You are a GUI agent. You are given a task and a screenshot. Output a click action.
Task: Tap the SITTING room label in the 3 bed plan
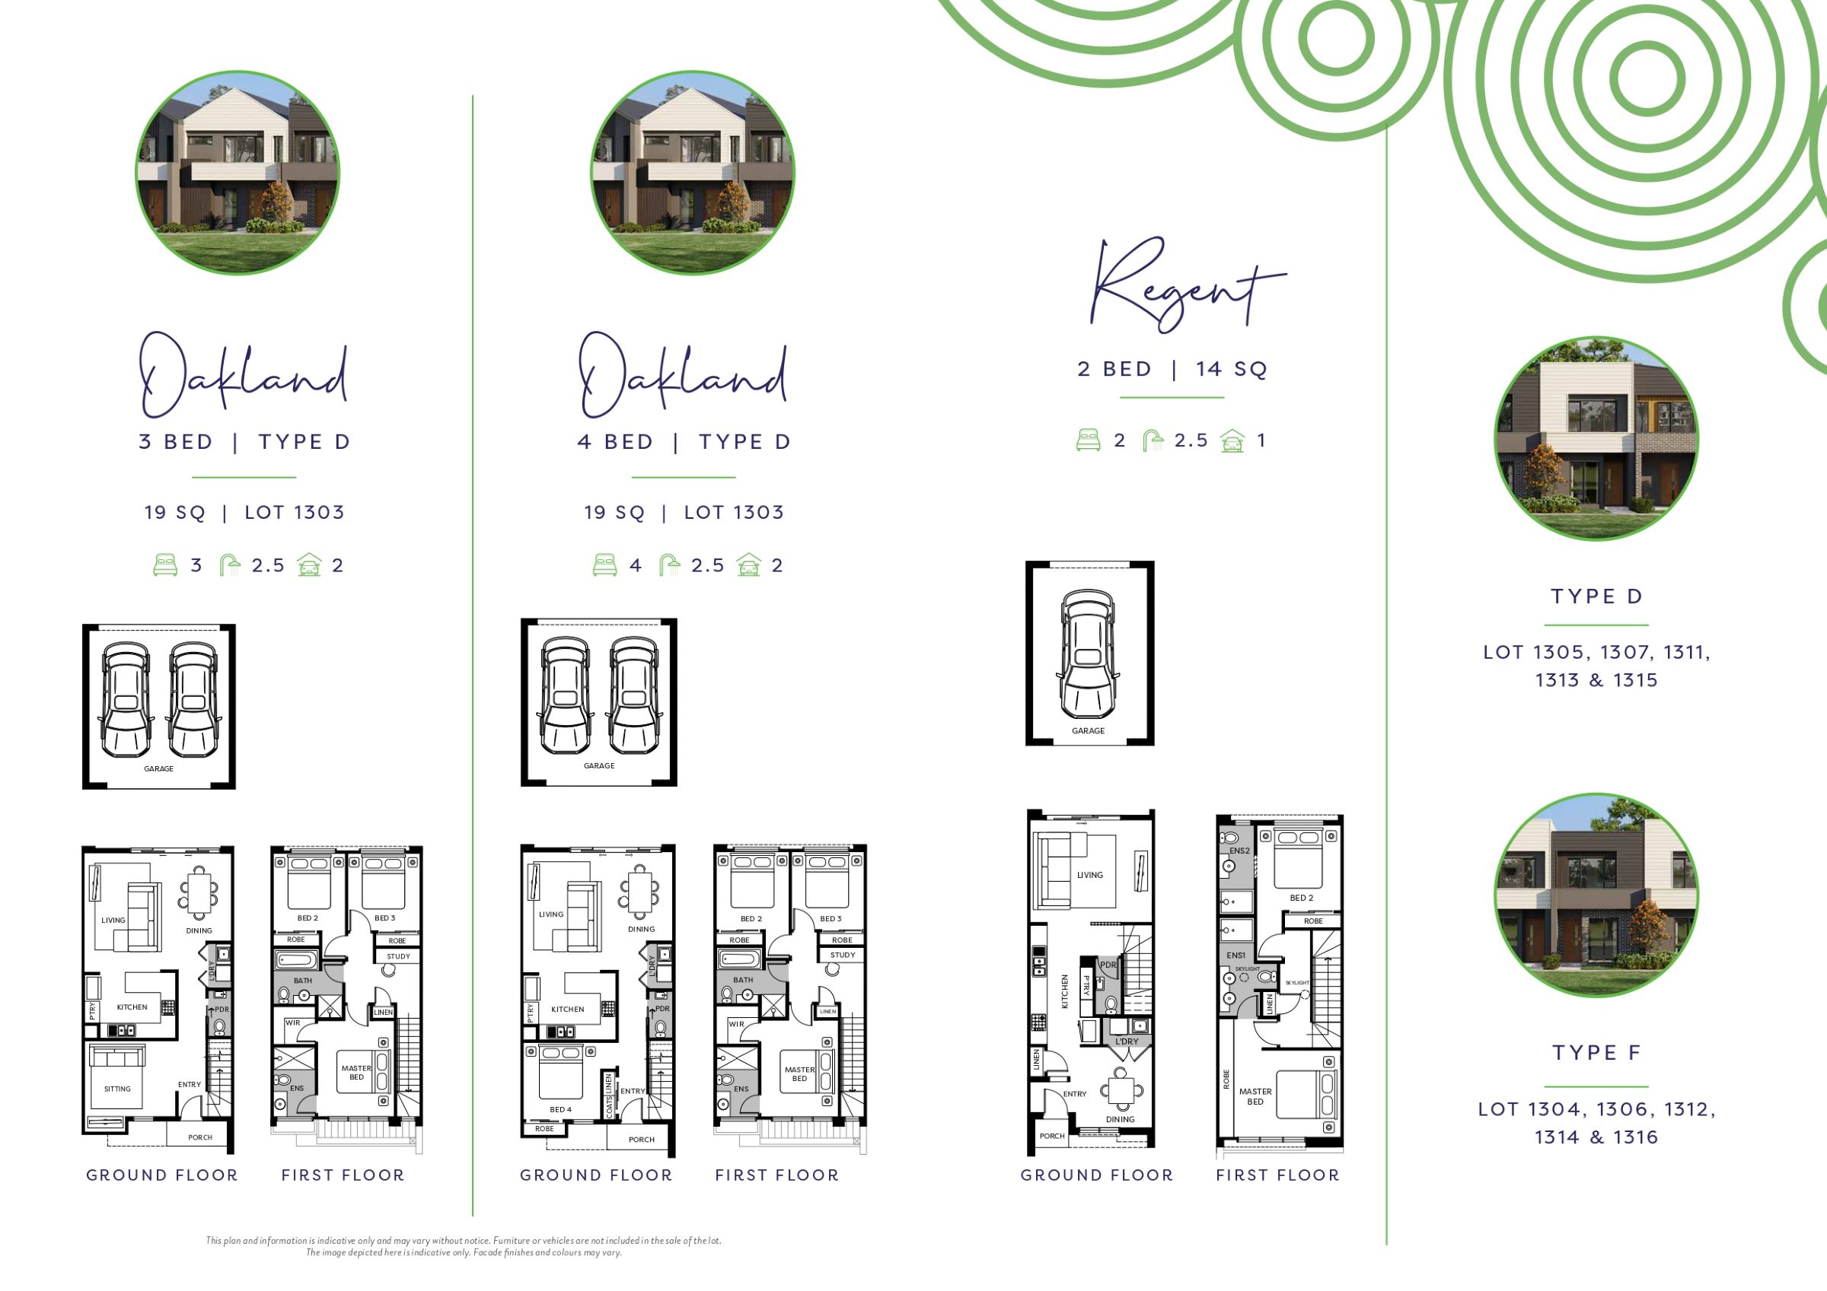(117, 1089)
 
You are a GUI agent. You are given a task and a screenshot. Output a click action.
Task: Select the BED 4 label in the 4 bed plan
(560, 1110)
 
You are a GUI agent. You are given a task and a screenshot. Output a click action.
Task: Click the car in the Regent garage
(1089, 653)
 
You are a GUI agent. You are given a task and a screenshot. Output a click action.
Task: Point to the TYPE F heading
(1596, 1052)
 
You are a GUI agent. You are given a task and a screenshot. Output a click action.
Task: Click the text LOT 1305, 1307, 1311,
(1596, 652)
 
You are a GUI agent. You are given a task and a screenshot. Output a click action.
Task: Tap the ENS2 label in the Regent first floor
(1239, 851)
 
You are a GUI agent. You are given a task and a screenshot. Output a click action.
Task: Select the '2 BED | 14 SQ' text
(1172, 369)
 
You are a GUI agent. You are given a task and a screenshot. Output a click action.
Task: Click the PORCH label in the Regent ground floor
(1052, 1136)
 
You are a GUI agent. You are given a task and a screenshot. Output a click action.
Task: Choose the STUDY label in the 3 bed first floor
(399, 957)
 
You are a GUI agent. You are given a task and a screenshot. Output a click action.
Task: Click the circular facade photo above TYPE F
(1596, 895)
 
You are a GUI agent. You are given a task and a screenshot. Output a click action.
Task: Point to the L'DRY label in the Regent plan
(1127, 1041)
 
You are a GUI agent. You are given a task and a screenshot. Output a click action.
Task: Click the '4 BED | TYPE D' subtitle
(684, 442)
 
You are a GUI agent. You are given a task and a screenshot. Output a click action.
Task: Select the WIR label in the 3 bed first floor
(293, 1023)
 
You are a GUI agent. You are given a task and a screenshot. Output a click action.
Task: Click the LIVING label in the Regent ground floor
(1090, 875)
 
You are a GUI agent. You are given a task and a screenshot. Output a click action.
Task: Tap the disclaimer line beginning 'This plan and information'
(464, 1240)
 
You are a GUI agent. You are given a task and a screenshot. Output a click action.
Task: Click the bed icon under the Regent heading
(1089, 440)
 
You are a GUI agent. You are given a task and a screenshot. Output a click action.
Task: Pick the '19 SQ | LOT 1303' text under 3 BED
(244, 512)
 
